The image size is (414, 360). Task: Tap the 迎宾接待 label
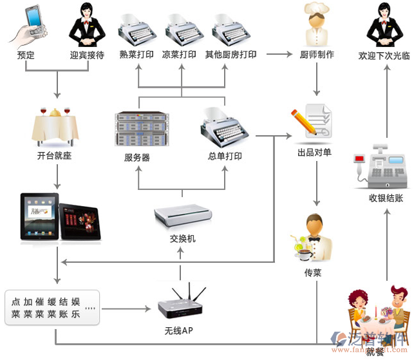pyautogui.click(x=87, y=55)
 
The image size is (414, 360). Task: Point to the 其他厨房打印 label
pyautogui.click(x=231, y=55)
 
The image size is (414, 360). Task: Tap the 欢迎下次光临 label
pyautogui.click(x=384, y=56)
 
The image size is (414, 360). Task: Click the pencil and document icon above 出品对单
pyautogui.click(x=312, y=120)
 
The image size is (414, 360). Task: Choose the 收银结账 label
pyautogui.click(x=386, y=198)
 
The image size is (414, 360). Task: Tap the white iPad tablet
pyautogui.click(x=39, y=216)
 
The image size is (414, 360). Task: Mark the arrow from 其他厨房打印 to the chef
pyautogui.click(x=278, y=55)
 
